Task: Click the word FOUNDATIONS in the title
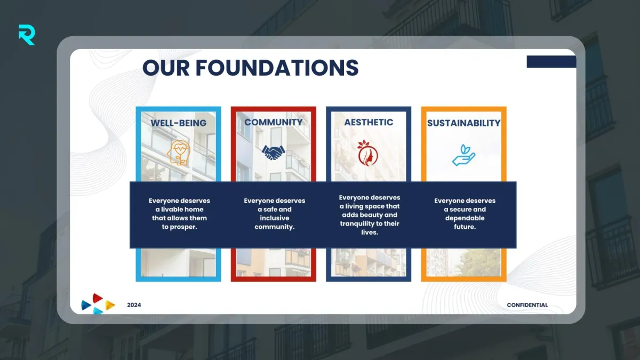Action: (x=277, y=68)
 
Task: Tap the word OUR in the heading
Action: (x=166, y=68)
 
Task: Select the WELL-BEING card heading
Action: (x=179, y=123)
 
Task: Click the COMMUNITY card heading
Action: (x=274, y=122)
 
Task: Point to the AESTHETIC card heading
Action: (x=369, y=122)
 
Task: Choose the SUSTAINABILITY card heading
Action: (x=463, y=123)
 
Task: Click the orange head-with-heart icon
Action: (x=179, y=153)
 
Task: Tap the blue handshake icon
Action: (x=274, y=153)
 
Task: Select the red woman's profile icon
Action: (x=367, y=153)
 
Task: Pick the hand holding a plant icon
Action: (x=463, y=155)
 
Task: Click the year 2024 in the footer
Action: (x=134, y=305)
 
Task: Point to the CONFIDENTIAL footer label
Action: (x=527, y=305)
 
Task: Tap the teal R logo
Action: (x=27, y=35)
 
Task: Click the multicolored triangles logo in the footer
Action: (x=98, y=303)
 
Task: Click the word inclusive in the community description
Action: (x=275, y=218)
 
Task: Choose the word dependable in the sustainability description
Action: (x=465, y=218)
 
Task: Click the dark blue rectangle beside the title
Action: (x=551, y=62)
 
